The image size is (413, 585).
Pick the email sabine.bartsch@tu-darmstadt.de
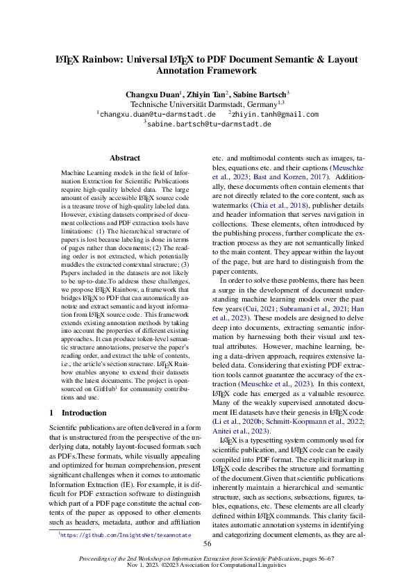click(209, 124)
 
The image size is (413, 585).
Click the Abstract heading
click(125, 158)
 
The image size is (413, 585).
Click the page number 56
click(207, 544)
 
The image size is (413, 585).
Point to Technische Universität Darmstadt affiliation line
click(207, 104)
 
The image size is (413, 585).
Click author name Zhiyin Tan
click(206, 94)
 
